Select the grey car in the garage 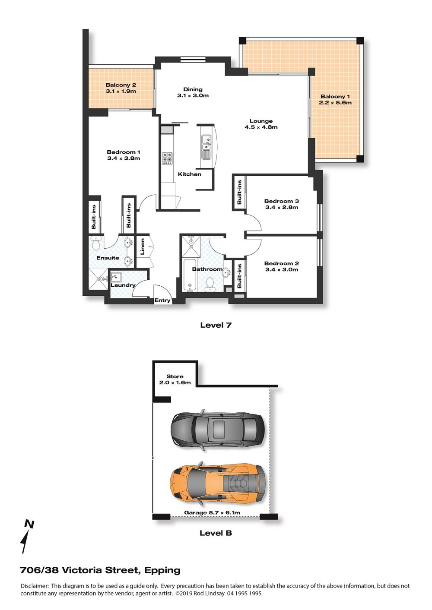click(x=217, y=430)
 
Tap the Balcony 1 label click(x=335, y=96)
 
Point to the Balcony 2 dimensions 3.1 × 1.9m click(x=121, y=91)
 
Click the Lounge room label click(x=261, y=121)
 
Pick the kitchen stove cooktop click(x=168, y=158)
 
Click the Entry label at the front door click(x=162, y=300)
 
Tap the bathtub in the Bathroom click(x=190, y=275)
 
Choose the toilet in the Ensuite click(x=95, y=243)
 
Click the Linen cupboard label click(x=142, y=247)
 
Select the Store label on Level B click(x=175, y=376)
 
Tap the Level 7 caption click(x=216, y=325)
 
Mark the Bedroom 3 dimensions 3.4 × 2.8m click(x=282, y=207)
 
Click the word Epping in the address click(x=162, y=570)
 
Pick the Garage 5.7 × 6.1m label click(x=212, y=512)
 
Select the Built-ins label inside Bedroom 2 click(x=239, y=276)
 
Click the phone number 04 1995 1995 click(x=244, y=593)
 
